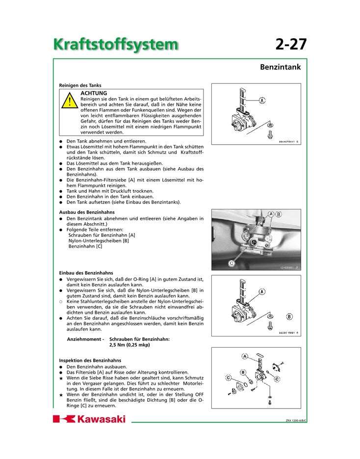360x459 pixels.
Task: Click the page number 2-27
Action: (x=291, y=44)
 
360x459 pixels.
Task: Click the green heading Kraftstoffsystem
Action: (x=116, y=44)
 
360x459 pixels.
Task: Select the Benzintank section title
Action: (x=280, y=67)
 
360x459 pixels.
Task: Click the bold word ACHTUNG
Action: (x=94, y=93)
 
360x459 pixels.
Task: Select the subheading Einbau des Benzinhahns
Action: (x=86, y=273)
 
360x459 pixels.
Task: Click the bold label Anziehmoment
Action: (x=85, y=339)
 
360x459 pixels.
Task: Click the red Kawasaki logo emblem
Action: (x=64, y=419)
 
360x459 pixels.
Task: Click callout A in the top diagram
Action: (x=262, y=101)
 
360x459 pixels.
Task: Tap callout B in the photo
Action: (x=279, y=214)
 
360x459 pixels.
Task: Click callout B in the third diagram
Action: (x=289, y=316)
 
